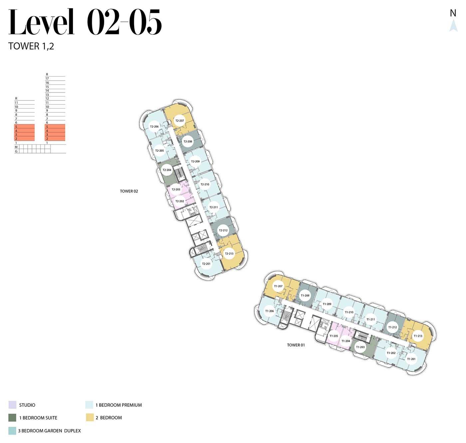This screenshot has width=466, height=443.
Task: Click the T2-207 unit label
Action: click(x=179, y=120)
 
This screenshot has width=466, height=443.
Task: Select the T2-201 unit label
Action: click(x=206, y=264)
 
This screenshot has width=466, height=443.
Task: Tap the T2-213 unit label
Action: click(x=229, y=253)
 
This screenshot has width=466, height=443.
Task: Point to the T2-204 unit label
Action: click(x=167, y=170)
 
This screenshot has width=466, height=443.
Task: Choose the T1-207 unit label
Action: click(x=278, y=286)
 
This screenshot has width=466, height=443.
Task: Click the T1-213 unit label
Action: click(x=418, y=336)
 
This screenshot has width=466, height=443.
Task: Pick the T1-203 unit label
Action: click(x=360, y=347)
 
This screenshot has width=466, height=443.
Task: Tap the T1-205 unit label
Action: click(x=334, y=336)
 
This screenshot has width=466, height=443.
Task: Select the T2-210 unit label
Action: click(x=205, y=184)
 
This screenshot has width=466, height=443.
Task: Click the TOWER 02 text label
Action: click(x=129, y=191)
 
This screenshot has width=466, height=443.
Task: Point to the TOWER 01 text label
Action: click(x=296, y=345)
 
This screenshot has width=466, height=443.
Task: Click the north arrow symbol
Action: click(x=453, y=26)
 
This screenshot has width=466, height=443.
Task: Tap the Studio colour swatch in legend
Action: click(x=12, y=405)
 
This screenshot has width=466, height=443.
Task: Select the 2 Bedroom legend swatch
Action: click(x=90, y=417)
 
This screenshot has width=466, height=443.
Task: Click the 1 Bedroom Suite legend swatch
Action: click(x=12, y=417)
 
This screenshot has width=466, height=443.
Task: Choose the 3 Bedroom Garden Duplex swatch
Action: click(x=12, y=431)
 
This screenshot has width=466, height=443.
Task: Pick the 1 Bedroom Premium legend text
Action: click(x=118, y=405)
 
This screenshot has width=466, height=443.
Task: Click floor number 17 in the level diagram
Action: click(x=47, y=79)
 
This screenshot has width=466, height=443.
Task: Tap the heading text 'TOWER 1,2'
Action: click(x=31, y=46)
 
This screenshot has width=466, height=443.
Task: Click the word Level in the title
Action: click(x=41, y=22)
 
